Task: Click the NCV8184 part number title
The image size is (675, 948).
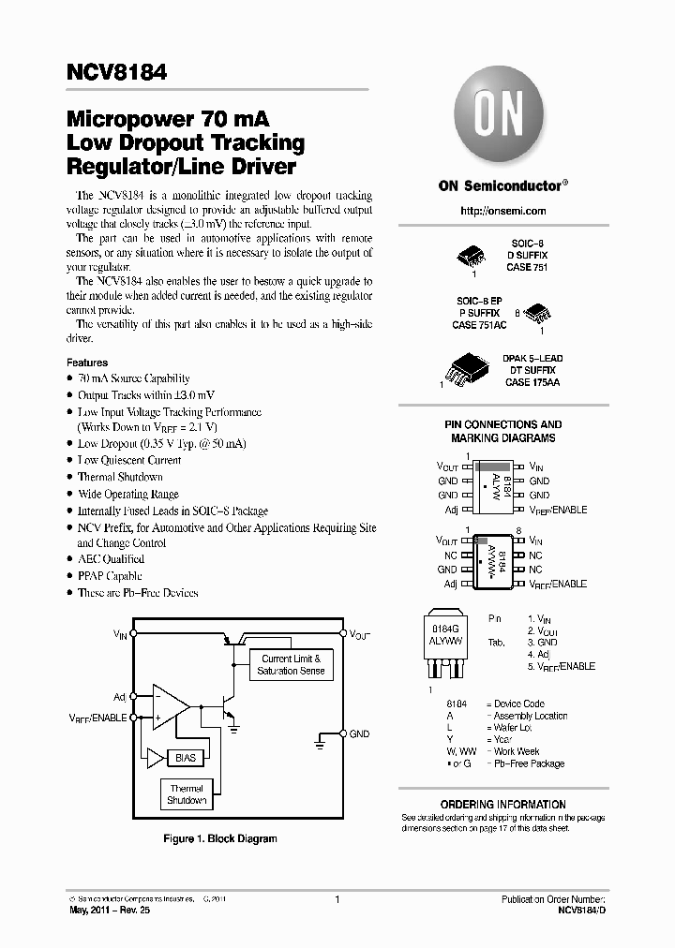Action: pos(117,71)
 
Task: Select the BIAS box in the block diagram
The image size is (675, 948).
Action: pos(184,757)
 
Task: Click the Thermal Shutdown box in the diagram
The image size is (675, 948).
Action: pos(187,794)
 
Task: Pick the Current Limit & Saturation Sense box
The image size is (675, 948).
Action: pos(291,665)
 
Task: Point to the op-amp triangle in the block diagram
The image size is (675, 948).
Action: pos(169,706)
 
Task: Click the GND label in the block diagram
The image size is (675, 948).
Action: pos(360,734)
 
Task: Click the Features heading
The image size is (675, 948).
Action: pos(87,363)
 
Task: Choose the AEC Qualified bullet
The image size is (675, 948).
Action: pos(111,559)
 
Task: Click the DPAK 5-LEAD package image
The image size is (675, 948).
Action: pos(469,368)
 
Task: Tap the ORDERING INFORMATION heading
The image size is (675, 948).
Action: pos(502,805)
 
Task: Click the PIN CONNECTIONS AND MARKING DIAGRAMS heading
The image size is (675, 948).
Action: pos(502,431)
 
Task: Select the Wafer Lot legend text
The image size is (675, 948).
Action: pos(512,728)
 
